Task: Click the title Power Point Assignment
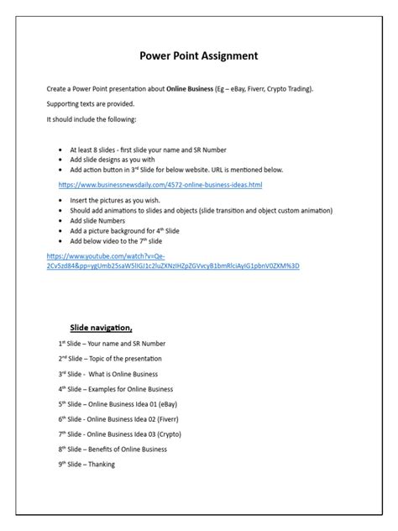point(198,56)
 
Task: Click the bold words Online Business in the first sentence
point(191,88)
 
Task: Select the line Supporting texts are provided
point(91,104)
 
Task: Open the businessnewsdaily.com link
point(160,184)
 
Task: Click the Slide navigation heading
point(100,328)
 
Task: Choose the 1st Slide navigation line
point(112,344)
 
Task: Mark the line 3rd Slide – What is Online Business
point(108,374)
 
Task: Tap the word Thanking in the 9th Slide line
point(101,465)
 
